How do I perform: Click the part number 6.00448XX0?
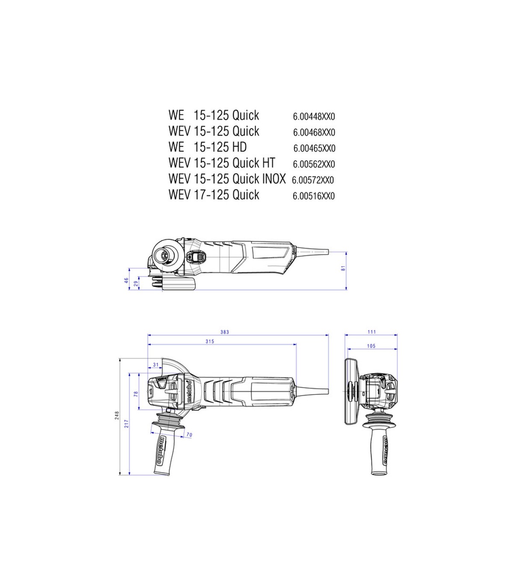click(x=314, y=116)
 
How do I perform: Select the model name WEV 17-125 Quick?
click(x=214, y=195)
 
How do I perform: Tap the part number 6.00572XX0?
click(x=313, y=180)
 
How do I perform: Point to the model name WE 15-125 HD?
click(x=207, y=147)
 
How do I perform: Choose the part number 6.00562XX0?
click(x=314, y=164)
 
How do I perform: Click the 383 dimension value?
click(x=225, y=332)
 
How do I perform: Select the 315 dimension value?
click(x=210, y=341)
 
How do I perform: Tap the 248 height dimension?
click(x=117, y=415)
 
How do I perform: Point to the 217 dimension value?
click(x=127, y=424)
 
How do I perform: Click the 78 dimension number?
click(x=136, y=394)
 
